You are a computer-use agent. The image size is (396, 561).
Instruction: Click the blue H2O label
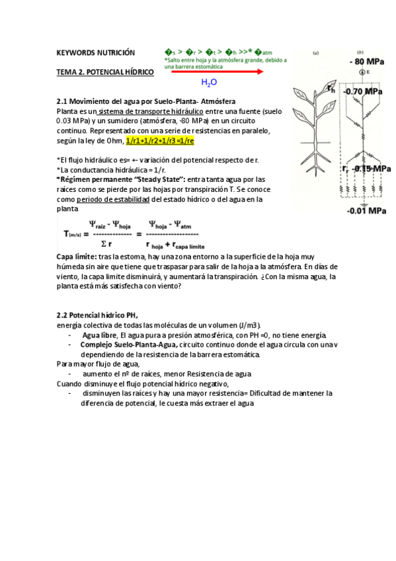(x=209, y=83)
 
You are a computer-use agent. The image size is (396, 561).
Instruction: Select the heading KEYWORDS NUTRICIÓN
(x=95, y=52)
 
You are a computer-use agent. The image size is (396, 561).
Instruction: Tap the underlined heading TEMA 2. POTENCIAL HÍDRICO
(x=105, y=71)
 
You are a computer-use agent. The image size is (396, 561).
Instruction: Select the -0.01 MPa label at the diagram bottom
(x=367, y=211)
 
